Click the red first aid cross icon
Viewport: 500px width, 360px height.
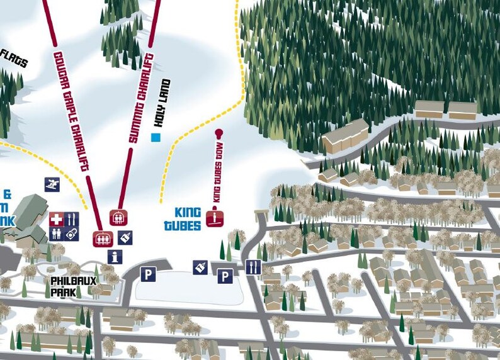tap(57, 220)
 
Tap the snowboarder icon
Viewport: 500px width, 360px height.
tap(51, 184)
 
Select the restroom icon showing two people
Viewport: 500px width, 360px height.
tap(57, 233)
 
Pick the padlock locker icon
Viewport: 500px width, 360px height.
tap(72, 233)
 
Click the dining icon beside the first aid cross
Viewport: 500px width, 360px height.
tap(72, 220)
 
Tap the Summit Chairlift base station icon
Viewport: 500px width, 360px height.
tap(118, 217)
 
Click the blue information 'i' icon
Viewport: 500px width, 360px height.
tap(114, 256)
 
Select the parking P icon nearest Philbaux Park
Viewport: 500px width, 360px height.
tap(148, 274)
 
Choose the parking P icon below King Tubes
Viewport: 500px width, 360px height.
tap(225, 276)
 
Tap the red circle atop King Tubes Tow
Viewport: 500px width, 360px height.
tap(219, 133)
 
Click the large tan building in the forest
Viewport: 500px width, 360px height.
tap(345, 136)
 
